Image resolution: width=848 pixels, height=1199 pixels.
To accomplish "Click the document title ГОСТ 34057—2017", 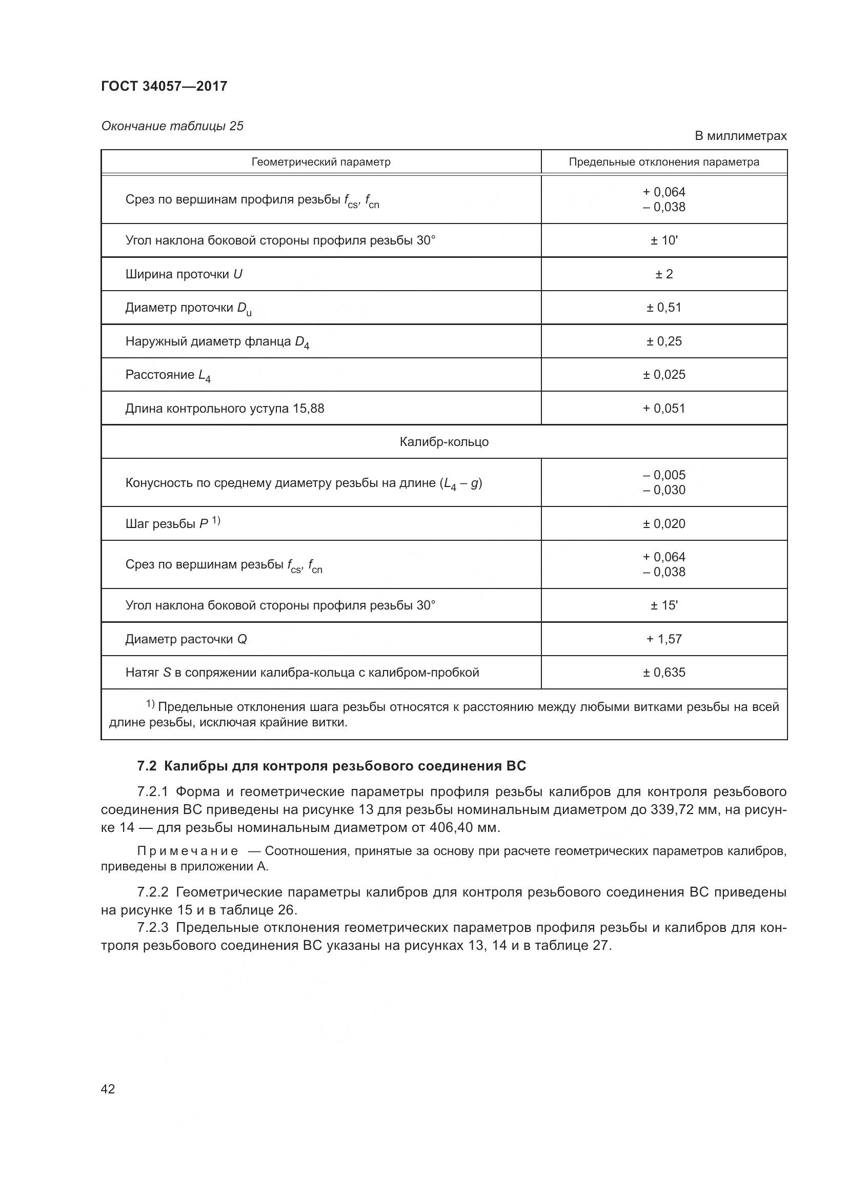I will [x=164, y=86].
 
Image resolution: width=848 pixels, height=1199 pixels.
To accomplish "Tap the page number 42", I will [x=108, y=1089].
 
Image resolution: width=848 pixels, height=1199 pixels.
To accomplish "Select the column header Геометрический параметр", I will [x=320, y=162].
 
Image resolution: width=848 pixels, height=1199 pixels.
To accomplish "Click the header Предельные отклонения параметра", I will [x=663, y=162].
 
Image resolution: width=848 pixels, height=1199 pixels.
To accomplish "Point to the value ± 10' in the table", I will [x=663, y=241].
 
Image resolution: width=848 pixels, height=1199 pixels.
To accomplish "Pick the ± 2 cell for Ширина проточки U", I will [x=663, y=274].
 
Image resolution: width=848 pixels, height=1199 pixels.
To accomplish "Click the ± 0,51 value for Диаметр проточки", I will [x=663, y=308].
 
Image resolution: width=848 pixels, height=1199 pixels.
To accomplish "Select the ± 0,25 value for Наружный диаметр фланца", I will [x=663, y=341].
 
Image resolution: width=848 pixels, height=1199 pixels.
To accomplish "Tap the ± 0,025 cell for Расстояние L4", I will [x=663, y=374].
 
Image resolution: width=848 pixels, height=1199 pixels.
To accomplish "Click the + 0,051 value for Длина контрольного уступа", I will [x=663, y=409].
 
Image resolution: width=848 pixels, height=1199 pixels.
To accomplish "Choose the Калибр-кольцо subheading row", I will [x=444, y=442].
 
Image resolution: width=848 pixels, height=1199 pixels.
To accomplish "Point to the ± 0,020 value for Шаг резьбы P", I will [x=663, y=524].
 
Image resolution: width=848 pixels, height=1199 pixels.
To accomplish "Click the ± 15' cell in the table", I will [x=663, y=605].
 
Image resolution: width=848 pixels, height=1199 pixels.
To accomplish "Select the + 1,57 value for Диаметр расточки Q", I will [x=663, y=639].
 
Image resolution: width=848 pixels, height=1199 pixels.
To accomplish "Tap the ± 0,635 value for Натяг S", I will [x=663, y=673].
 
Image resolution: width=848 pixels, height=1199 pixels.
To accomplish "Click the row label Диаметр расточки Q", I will [x=186, y=639].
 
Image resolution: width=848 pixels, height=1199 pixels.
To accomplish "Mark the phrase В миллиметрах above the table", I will [x=740, y=136].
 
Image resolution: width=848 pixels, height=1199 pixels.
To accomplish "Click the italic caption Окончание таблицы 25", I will [x=172, y=126].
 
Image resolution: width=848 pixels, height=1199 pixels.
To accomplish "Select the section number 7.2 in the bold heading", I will [x=147, y=766].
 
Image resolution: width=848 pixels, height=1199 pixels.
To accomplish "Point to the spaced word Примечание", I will [x=188, y=851].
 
